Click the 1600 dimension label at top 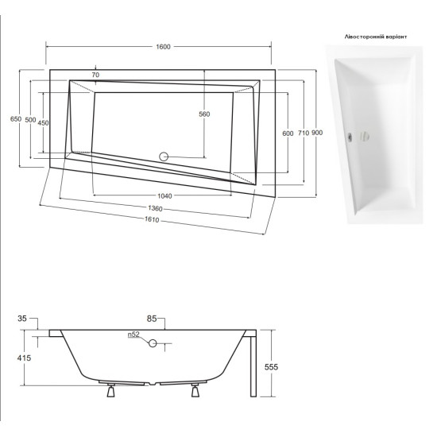point(163,47)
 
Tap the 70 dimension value point(95,75)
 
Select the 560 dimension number point(204,114)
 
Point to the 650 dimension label point(16,119)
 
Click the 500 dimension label point(30,120)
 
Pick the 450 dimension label point(43,123)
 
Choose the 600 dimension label point(288,133)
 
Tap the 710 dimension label point(304,133)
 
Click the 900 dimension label point(317,133)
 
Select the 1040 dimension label point(164,196)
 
